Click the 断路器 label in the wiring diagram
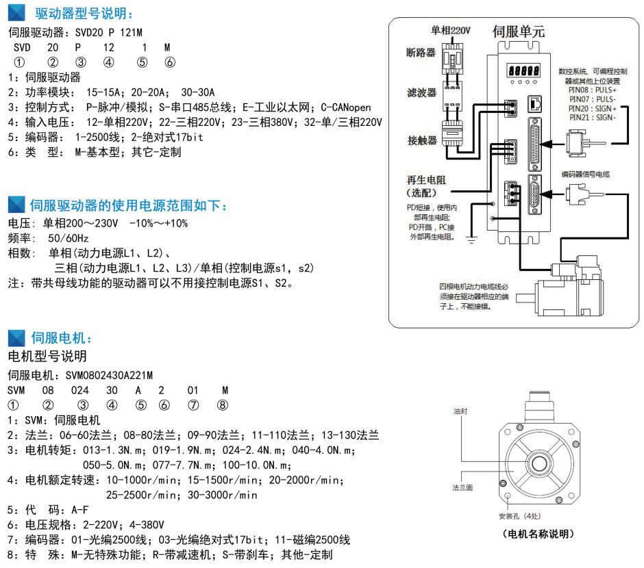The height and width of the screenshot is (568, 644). [421, 52]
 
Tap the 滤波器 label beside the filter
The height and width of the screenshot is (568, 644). [421, 93]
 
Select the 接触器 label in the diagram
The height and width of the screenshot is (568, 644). [421, 141]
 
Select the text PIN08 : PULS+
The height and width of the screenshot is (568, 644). [593, 90]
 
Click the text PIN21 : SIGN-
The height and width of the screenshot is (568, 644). [593, 118]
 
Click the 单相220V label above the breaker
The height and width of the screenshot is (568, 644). [451, 31]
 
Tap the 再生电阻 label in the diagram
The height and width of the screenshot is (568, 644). [426, 180]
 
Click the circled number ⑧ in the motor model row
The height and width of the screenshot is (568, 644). [222, 404]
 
